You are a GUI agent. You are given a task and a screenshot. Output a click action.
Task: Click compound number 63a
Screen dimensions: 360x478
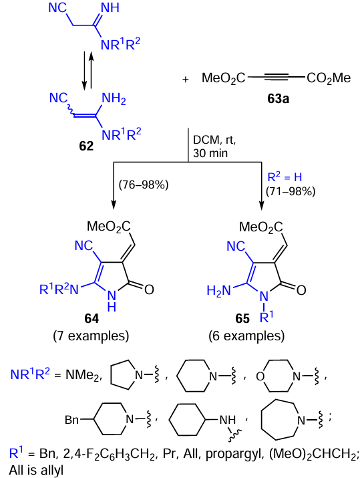pos(278,99)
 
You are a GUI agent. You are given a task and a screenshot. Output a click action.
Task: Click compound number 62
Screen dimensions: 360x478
pos(86,146)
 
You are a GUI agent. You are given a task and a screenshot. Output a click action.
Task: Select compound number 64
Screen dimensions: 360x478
pos(92,319)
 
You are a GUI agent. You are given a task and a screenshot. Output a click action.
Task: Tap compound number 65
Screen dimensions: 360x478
pos(242,319)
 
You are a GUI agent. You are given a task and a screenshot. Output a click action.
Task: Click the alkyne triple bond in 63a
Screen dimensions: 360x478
pos(276,78)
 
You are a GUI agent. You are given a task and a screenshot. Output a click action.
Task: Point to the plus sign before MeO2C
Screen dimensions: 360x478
pos(186,80)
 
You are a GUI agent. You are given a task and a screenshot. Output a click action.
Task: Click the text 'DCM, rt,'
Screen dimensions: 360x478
pos(214,140)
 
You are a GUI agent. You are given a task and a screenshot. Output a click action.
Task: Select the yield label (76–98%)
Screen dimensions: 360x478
pos(143,185)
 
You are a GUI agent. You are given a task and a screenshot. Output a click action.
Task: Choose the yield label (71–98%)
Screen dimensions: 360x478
pos(291,191)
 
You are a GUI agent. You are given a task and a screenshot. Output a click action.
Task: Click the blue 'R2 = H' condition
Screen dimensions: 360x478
pos(285,177)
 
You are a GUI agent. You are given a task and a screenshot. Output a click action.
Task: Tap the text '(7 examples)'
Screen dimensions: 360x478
pos(91,336)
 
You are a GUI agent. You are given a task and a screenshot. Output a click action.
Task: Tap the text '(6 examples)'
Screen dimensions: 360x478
pos(246,336)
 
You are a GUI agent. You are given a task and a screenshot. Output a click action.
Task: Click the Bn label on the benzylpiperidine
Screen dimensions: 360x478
pos(72,420)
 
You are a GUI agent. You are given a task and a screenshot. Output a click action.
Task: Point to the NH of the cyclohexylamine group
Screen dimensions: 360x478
pos(228,420)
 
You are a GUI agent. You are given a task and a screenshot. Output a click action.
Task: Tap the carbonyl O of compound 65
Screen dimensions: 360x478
pos(301,290)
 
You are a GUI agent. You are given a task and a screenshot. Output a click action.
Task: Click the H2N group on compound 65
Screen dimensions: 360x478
pos(218,291)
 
